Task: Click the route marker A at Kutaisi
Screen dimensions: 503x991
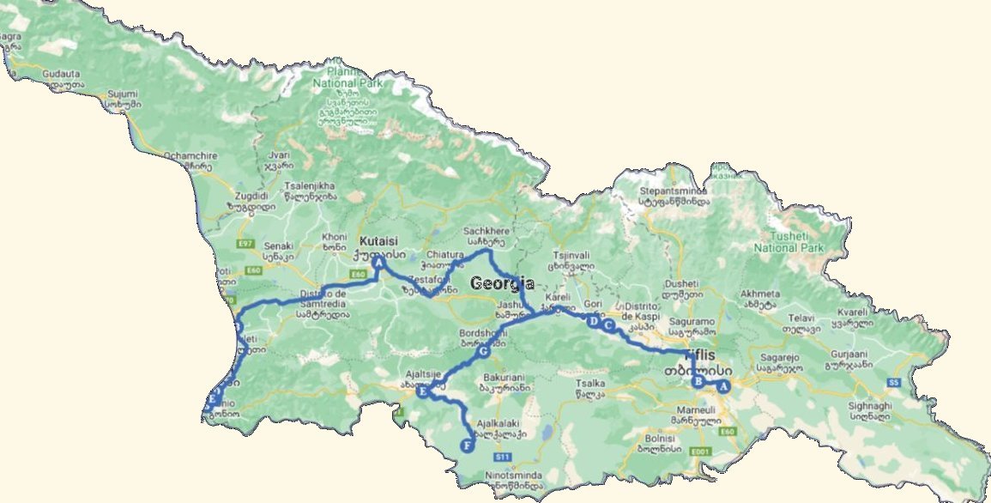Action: pos(378,265)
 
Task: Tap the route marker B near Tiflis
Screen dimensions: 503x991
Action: pos(698,382)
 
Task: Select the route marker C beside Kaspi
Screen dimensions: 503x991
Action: pos(608,326)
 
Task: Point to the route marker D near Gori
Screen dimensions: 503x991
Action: pos(592,321)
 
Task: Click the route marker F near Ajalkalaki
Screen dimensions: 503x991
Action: pos(467,445)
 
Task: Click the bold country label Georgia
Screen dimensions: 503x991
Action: pos(502,284)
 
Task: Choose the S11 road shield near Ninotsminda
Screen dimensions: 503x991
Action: pos(504,456)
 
